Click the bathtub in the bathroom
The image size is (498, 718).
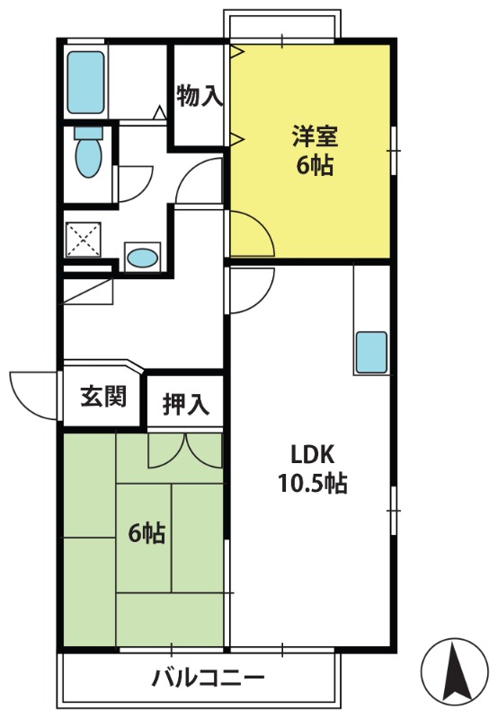[x=85, y=83]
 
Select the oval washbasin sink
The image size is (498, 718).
[x=142, y=258]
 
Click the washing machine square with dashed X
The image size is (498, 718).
[x=83, y=240]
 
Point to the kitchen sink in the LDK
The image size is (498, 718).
[x=371, y=352]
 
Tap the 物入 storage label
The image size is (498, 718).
[x=200, y=96]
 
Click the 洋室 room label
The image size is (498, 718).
[x=315, y=136]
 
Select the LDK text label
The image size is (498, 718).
[x=313, y=455]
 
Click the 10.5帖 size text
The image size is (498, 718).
[x=313, y=483]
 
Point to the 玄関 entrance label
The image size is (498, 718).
[x=103, y=396]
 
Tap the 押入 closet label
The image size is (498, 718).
[x=186, y=405]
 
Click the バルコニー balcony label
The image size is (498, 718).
[x=209, y=678]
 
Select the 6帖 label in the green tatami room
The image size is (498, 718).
[x=147, y=532]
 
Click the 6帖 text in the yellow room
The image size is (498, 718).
[x=315, y=165]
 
